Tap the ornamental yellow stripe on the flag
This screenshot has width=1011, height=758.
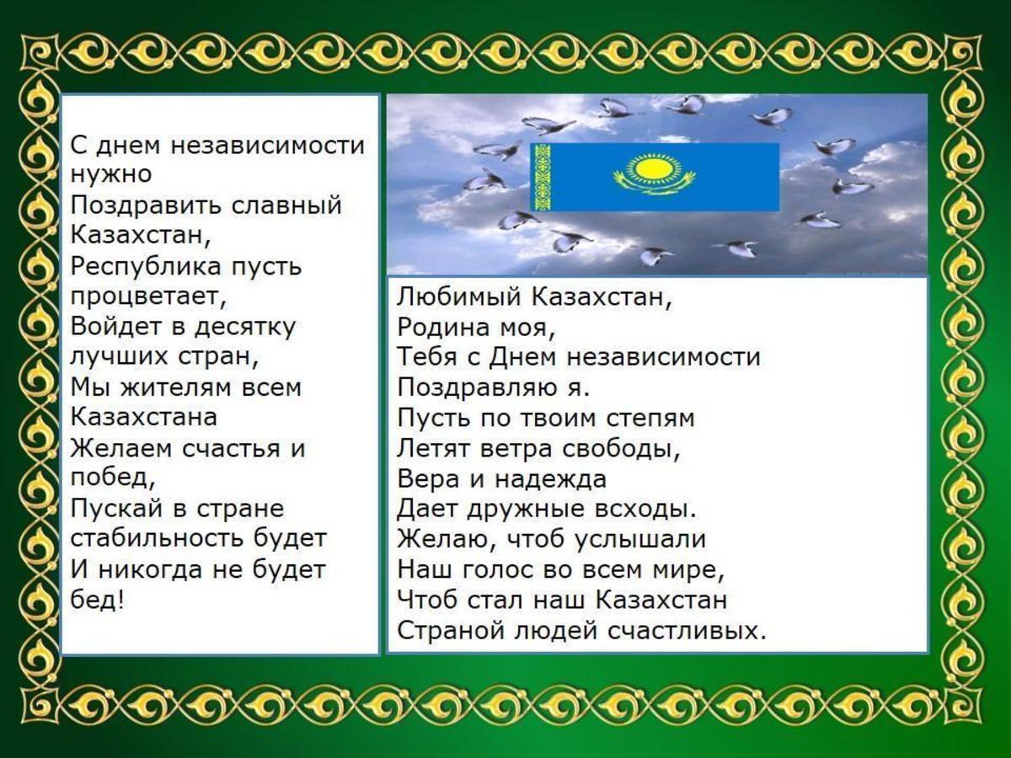tap(540, 177)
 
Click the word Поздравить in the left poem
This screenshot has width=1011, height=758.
tap(147, 206)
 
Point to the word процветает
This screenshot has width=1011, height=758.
tap(148, 296)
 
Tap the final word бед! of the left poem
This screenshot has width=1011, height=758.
tap(97, 599)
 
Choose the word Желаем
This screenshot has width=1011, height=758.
tap(122, 448)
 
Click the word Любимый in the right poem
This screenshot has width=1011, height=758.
tap(459, 296)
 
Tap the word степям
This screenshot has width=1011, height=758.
tap(650, 419)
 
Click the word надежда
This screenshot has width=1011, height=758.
tap(551, 479)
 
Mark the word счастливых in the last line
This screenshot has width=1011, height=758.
tap(687, 630)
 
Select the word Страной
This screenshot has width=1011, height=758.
tap(452, 630)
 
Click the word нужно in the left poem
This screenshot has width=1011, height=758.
tap(111, 175)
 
